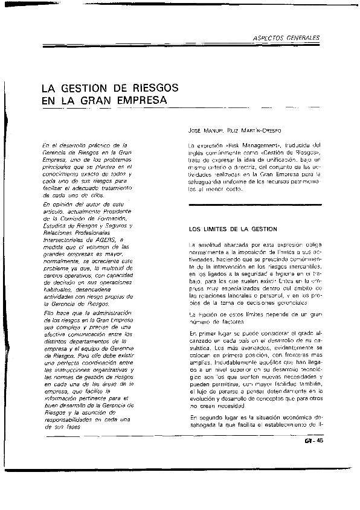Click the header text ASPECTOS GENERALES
pos(286,38)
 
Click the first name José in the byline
pos(198,130)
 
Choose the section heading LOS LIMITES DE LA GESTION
pos(233,229)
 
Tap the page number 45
pos(320,440)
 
